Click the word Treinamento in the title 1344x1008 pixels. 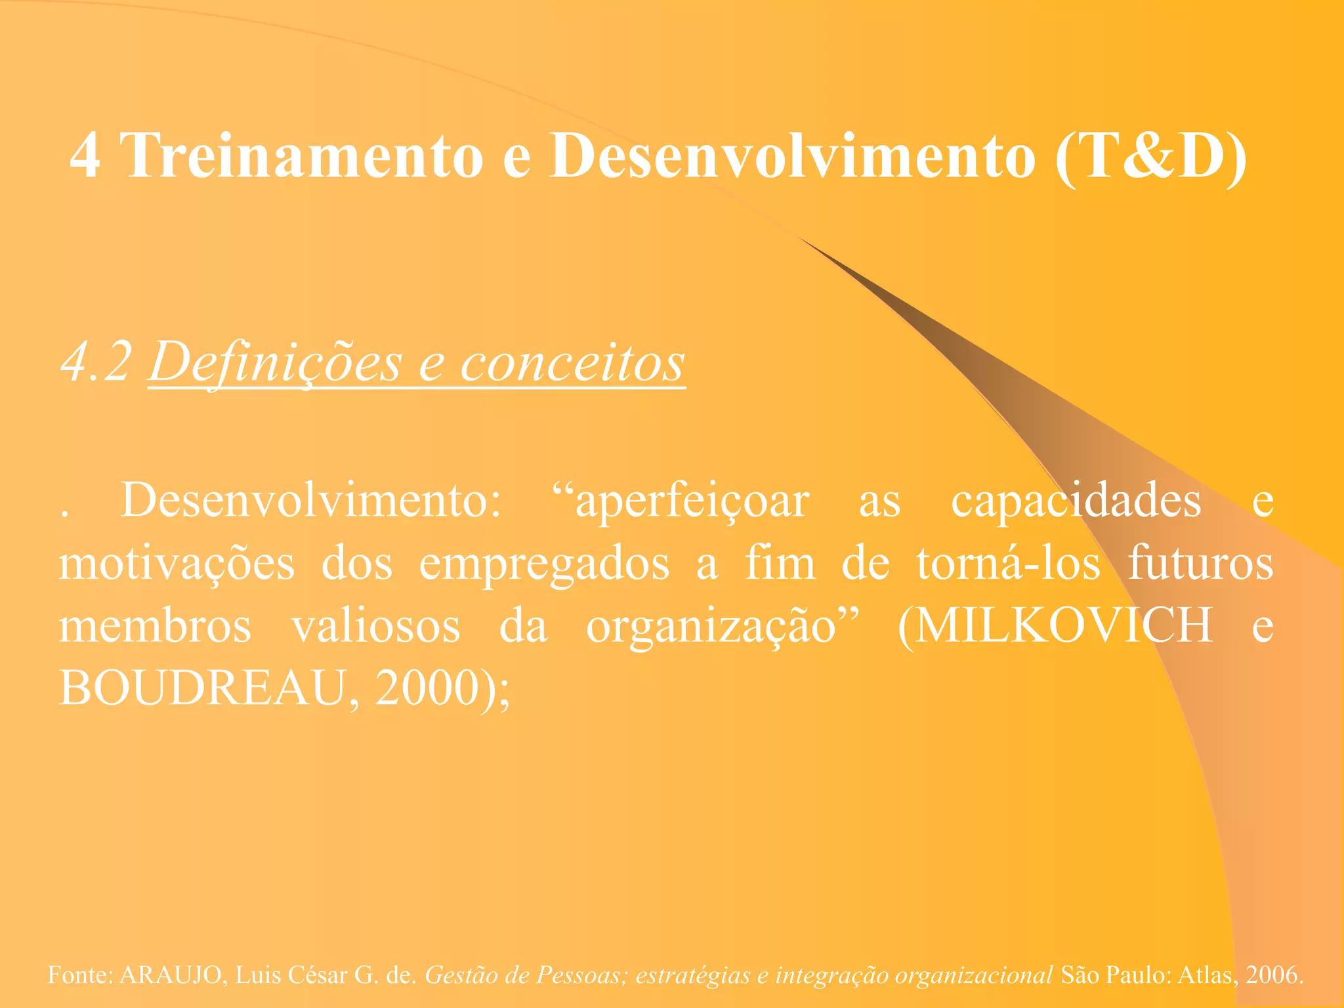(x=303, y=156)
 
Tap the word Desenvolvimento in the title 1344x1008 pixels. (x=793, y=156)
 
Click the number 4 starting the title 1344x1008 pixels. (x=85, y=156)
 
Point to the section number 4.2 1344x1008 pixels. (x=96, y=362)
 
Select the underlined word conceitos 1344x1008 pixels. (x=572, y=362)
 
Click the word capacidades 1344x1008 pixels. (x=1076, y=501)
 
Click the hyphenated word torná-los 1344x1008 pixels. (x=1008, y=563)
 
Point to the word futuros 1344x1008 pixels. (x=1200, y=563)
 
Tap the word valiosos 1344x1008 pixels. (x=376, y=625)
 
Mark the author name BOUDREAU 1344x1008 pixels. (x=202, y=688)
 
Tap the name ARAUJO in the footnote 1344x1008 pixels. (x=171, y=975)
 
